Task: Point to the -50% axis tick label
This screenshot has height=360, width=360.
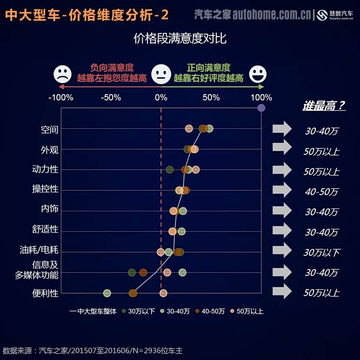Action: [x=110, y=97]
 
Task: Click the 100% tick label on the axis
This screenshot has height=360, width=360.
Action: [x=261, y=97]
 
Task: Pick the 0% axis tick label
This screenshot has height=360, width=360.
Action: [x=161, y=97]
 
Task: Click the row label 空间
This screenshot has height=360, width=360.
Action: [x=49, y=129]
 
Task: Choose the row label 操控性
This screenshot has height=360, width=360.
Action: [x=45, y=189]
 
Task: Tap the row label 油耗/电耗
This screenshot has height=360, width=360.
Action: [x=39, y=251]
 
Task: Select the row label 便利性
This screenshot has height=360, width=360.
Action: [x=45, y=293]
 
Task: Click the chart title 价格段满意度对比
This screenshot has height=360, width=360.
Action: [x=180, y=39]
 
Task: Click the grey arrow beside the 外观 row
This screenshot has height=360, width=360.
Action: [x=282, y=149]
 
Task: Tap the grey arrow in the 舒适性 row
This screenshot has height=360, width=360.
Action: [x=282, y=231]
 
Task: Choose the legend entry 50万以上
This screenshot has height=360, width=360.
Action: [x=247, y=311]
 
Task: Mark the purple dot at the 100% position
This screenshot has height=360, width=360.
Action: [x=261, y=107]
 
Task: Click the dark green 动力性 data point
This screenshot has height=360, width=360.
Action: [x=170, y=170]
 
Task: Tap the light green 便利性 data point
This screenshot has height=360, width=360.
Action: [x=107, y=293]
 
